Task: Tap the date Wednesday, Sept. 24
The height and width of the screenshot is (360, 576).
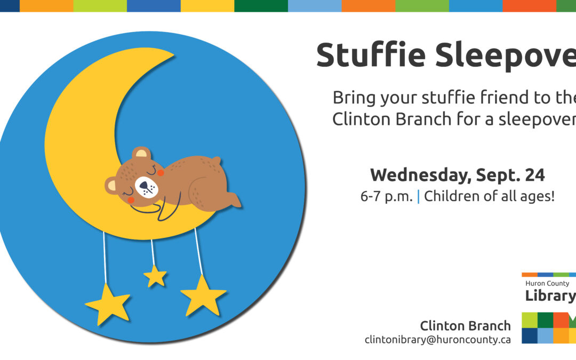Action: [457, 174]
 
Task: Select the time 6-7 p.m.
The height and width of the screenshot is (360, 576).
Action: [386, 196]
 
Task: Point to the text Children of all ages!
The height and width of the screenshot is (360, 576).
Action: [489, 196]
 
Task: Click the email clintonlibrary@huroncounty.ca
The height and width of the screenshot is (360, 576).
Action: [437, 339]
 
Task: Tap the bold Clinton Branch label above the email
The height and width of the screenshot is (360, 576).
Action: [465, 325]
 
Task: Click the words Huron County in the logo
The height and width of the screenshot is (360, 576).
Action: [547, 284]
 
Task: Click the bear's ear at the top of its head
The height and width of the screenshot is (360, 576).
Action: [141, 154]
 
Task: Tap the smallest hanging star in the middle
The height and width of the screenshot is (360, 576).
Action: [155, 276]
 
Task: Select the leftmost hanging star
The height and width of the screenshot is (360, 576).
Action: [108, 305]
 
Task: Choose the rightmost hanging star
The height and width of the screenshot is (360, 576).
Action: [203, 295]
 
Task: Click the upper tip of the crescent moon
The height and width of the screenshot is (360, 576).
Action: [170, 54]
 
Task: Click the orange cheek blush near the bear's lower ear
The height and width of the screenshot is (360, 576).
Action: [130, 198]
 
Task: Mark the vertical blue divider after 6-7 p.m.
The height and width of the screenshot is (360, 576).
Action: [418, 196]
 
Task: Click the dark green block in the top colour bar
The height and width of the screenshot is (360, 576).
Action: [261, 6]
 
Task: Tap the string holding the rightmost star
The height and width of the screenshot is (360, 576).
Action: [198, 251]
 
